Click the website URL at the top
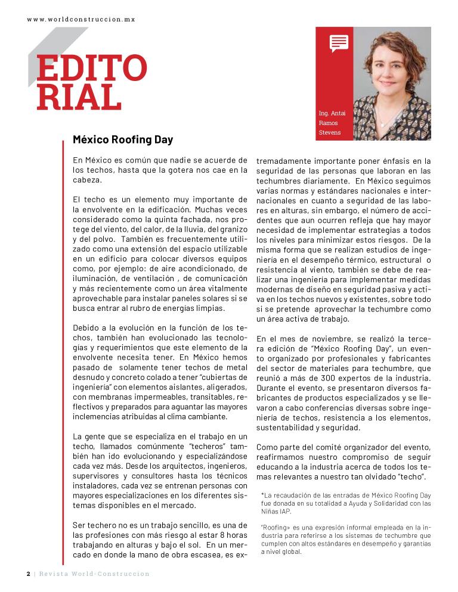click(81, 19)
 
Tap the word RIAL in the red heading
click(75, 98)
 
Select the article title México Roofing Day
click(122, 140)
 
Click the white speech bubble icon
click(339, 43)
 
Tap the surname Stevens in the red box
click(330, 132)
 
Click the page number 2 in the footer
click(28, 574)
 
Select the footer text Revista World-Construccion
click(94, 574)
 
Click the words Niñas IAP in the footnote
click(277, 511)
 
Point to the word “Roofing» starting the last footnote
click(276, 526)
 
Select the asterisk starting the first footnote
click(262, 494)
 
